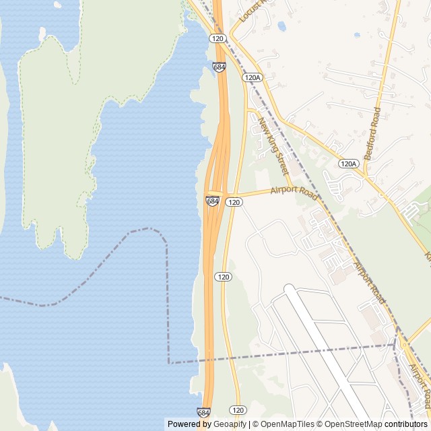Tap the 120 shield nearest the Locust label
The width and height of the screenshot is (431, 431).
pos(216,38)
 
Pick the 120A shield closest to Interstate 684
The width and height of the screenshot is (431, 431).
pos(252,78)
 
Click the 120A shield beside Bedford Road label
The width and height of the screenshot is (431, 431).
pos(347,164)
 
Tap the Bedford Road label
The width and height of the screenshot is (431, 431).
pos(372,133)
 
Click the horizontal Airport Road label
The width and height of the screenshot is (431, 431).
pos(294,192)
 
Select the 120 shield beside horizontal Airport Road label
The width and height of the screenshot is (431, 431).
pos(234,202)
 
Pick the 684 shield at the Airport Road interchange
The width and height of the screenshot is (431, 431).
pos(213,201)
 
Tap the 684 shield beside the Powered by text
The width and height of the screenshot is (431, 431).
pos(203,411)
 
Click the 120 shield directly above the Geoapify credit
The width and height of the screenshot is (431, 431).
pos(237,409)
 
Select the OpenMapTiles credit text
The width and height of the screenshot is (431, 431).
pos(282,424)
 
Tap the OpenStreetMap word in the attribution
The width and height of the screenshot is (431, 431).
pos(354,424)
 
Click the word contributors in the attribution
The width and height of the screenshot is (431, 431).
pos(406,424)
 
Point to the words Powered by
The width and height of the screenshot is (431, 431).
pos(188,424)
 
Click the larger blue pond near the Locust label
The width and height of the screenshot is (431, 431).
pos(281,26)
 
